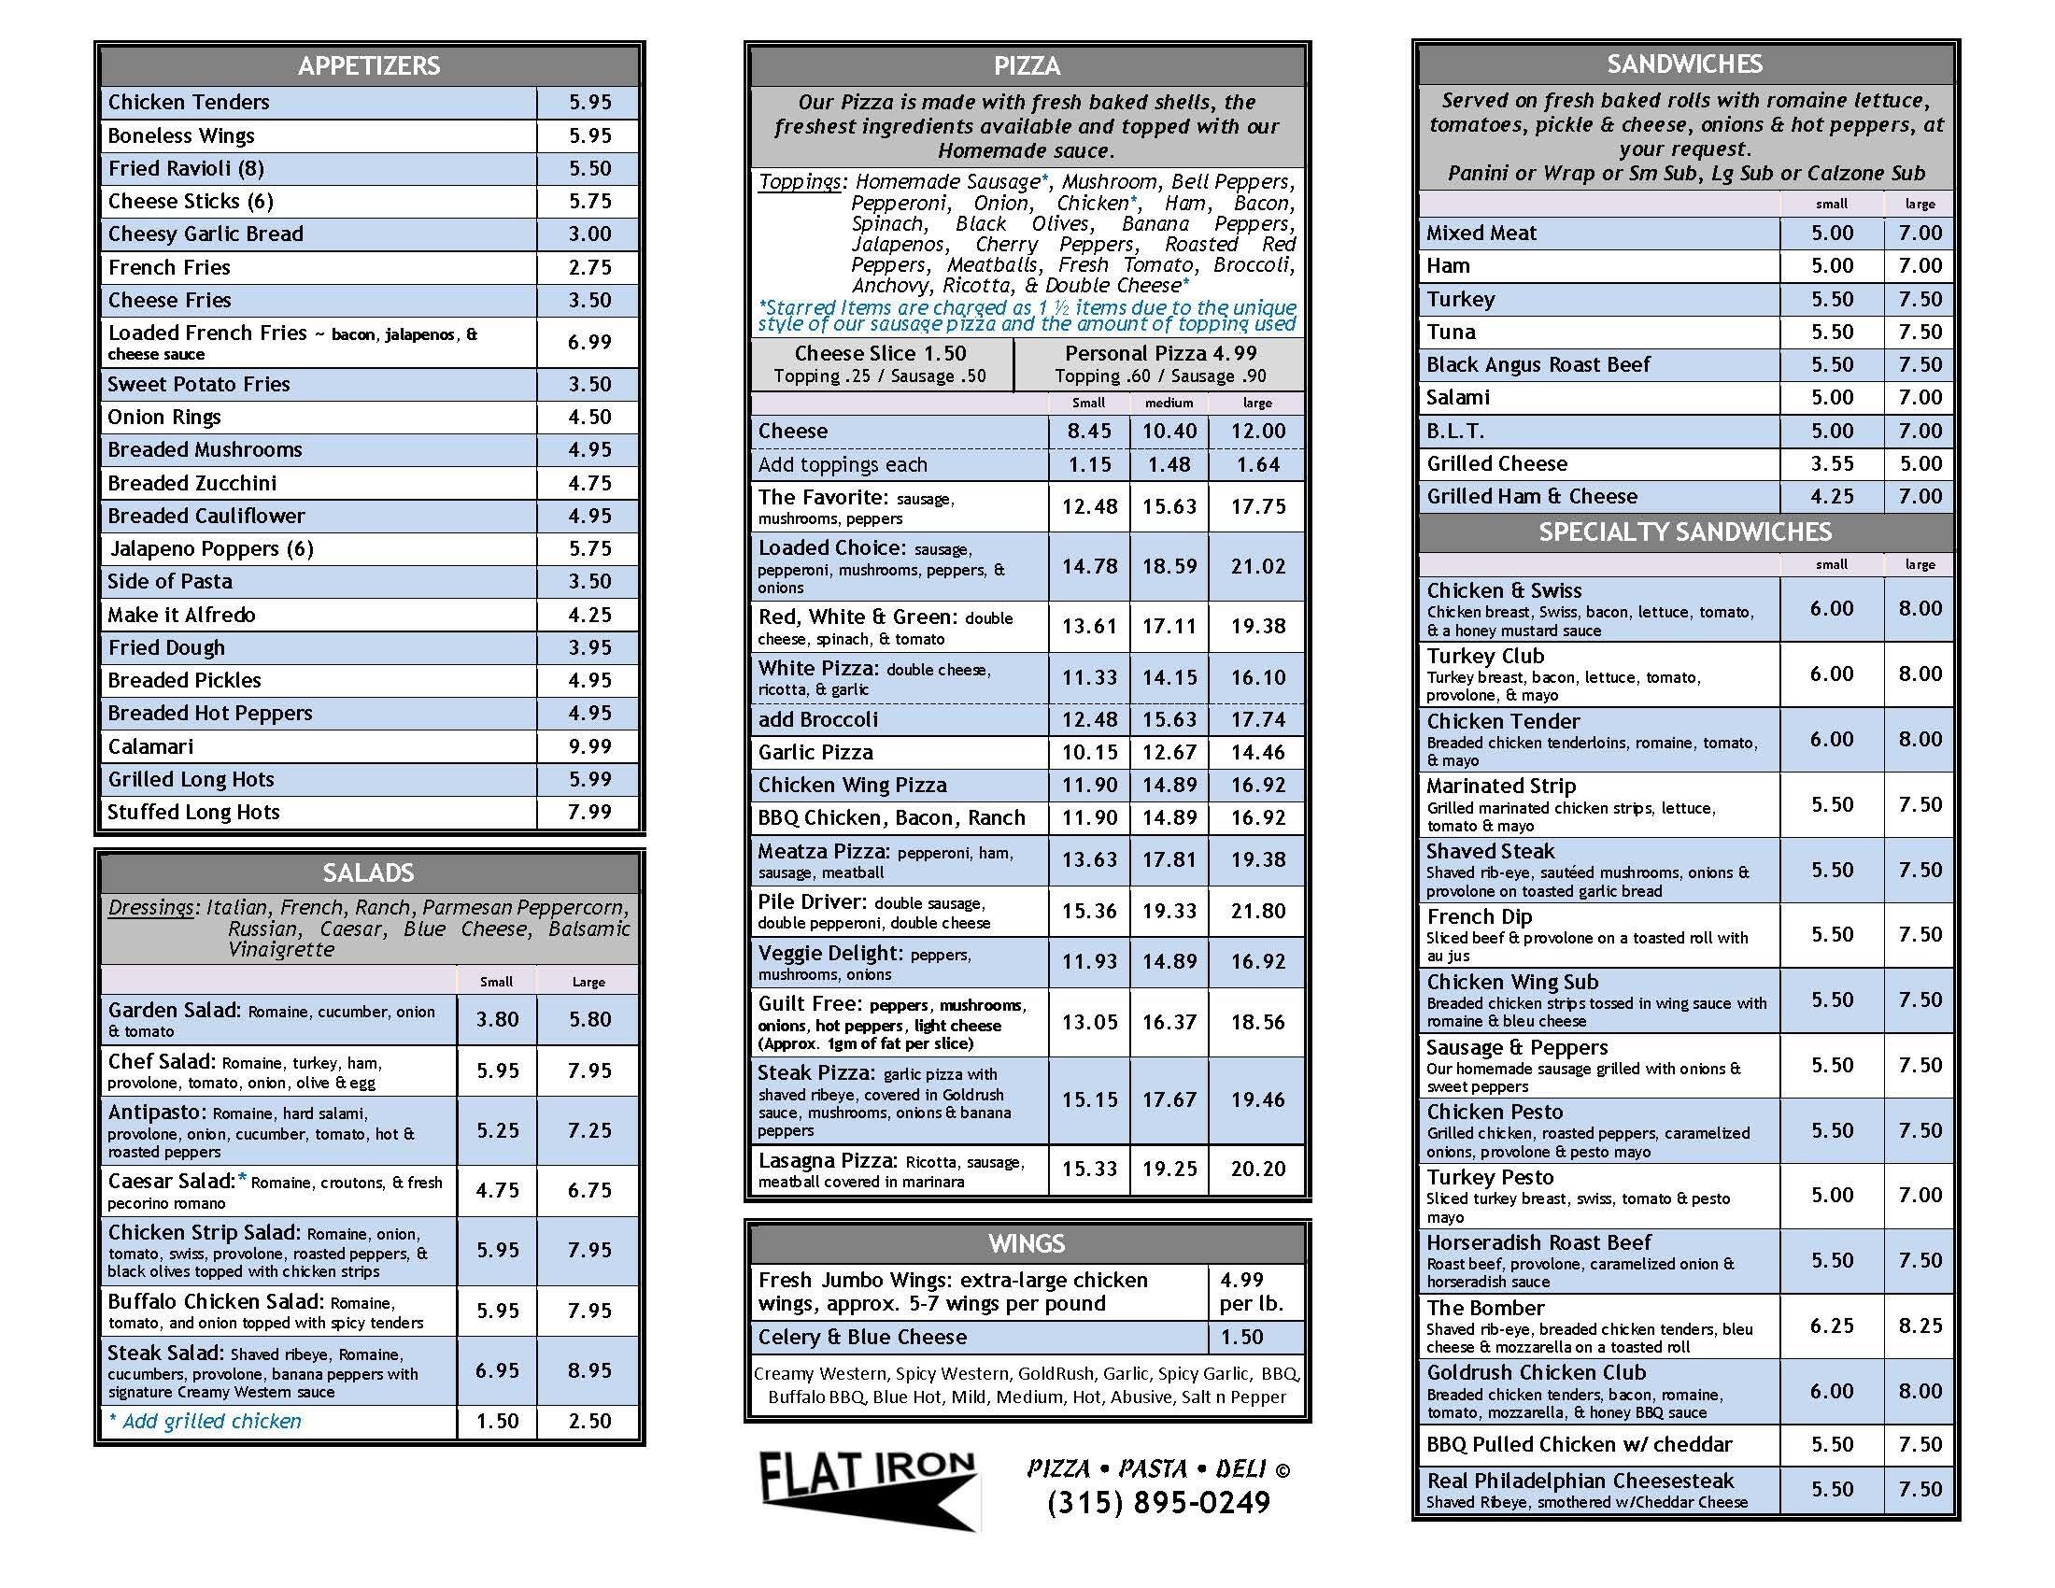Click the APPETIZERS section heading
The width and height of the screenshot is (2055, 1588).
pos(369,65)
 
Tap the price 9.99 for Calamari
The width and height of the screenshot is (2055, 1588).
pos(590,746)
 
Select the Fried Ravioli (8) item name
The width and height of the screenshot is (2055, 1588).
pos(186,168)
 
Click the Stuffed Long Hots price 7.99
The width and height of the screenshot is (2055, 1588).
pos(590,812)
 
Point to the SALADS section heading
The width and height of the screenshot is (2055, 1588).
pos(369,873)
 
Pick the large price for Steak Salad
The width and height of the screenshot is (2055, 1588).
pos(590,1370)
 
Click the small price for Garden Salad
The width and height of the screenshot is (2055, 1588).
pos(497,1020)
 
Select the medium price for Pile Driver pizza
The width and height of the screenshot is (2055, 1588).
pos(1169,912)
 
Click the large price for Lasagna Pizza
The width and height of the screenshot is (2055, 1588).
pos(1258,1170)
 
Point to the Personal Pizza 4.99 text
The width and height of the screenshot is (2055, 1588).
pos(1160,354)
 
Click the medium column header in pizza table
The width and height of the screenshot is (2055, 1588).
pos(1169,403)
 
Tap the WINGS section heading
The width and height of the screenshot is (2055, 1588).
pos(1027,1243)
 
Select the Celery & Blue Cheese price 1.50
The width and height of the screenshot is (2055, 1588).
pos(1242,1338)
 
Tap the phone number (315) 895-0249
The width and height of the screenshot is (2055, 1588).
pos(1158,1503)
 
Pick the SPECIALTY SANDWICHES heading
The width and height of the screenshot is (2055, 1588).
pos(1684,532)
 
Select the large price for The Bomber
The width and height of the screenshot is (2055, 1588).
pos(1920,1326)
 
